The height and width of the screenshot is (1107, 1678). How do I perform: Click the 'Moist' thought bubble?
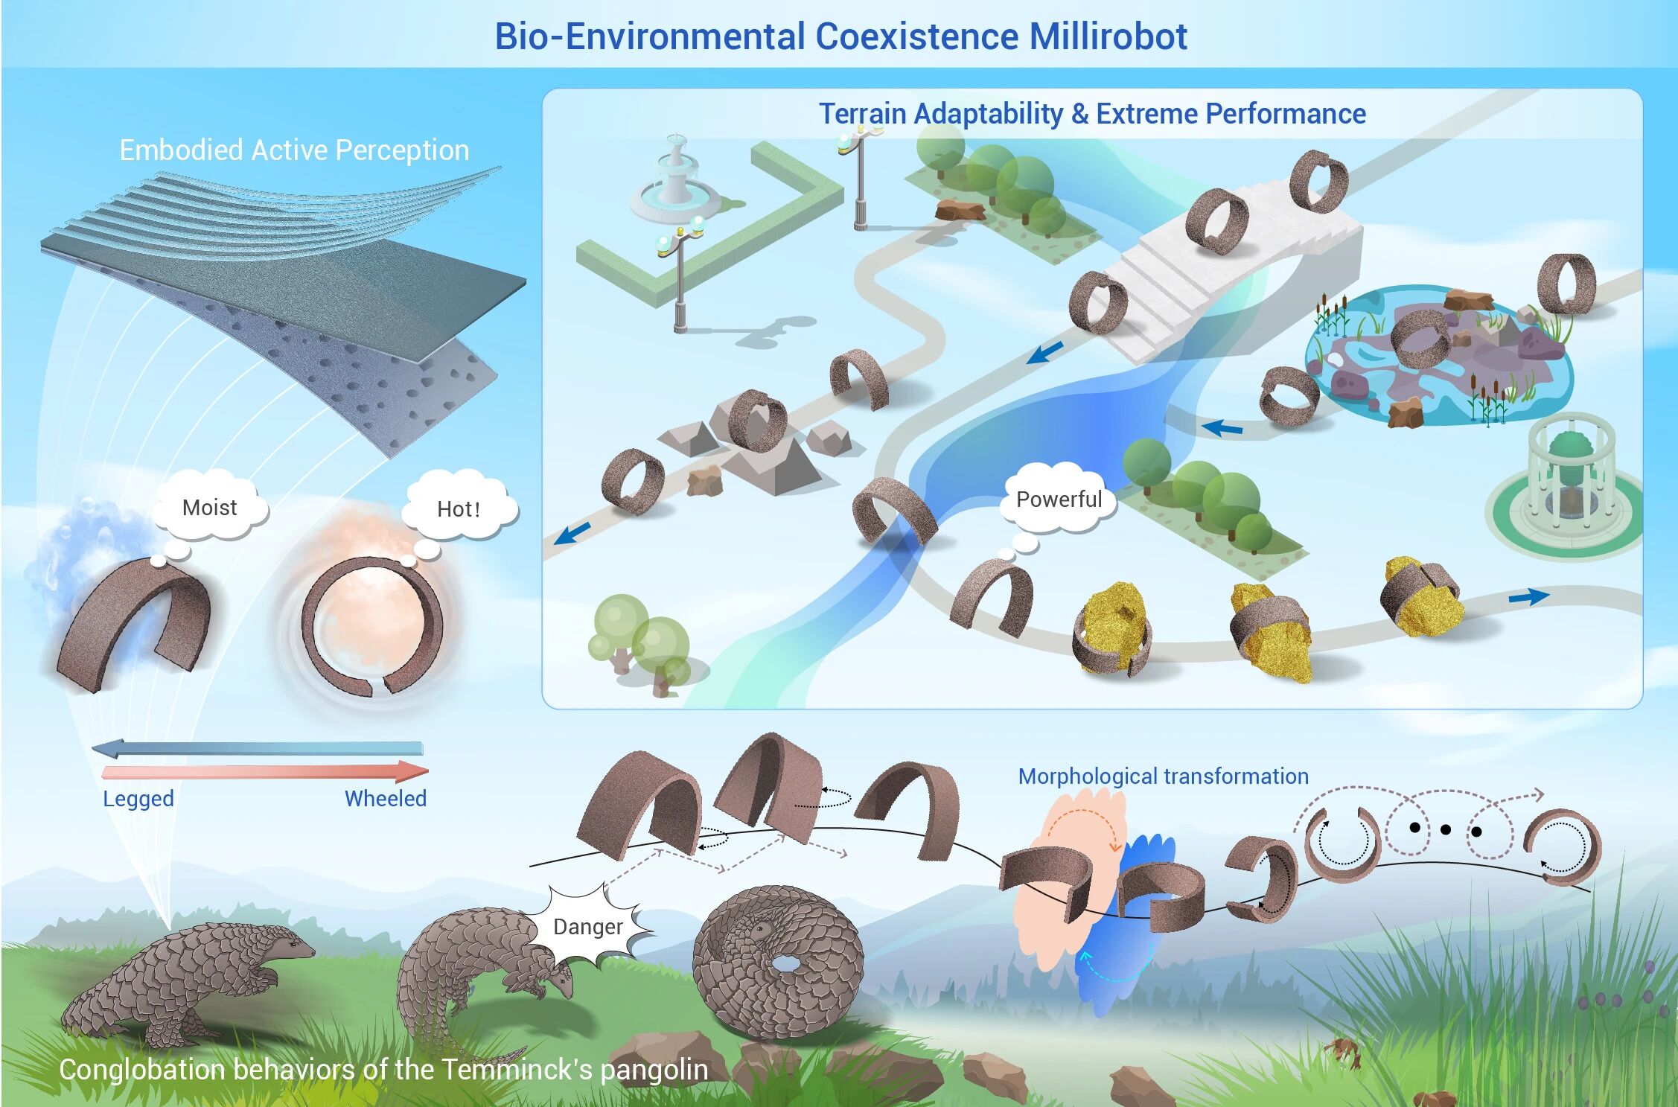[x=209, y=508]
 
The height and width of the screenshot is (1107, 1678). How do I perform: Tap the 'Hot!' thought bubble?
[x=458, y=509]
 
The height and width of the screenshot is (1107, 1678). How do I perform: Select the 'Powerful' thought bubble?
[x=1059, y=500]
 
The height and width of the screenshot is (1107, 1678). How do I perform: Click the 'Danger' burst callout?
[x=588, y=927]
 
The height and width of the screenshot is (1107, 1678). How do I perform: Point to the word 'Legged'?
[x=138, y=799]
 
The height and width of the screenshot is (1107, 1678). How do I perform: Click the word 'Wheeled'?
[x=385, y=799]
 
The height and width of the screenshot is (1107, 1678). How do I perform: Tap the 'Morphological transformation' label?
[x=1163, y=776]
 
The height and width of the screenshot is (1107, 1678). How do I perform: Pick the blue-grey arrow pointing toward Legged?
[x=257, y=748]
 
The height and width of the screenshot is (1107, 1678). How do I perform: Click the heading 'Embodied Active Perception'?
[x=294, y=150]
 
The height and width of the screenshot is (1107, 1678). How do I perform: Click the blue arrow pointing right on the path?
[x=1528, y=596]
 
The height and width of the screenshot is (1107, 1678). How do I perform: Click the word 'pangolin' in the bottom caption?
[x=654, y=1070]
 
